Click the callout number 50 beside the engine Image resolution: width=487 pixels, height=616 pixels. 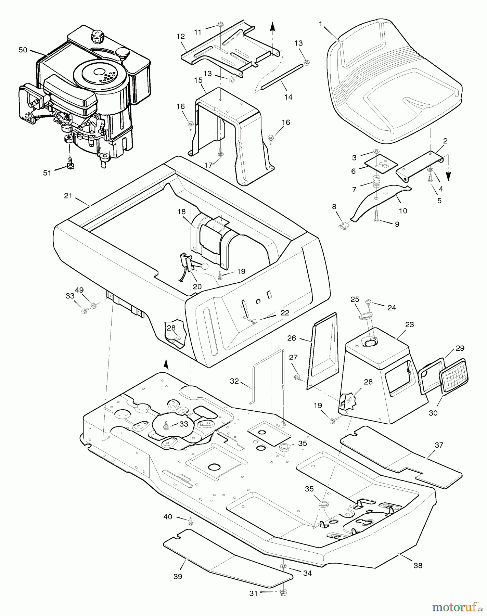point(23,50)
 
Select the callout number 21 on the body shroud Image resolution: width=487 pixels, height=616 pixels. point(68,196)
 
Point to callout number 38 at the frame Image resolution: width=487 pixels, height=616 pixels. point(418,566)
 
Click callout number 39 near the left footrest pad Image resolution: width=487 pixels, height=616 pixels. point(178,576)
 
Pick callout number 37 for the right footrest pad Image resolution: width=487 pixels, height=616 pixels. point(439,445)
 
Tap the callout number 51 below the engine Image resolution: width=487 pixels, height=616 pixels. point(47,173)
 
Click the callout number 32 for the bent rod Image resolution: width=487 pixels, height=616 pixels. point(234,381)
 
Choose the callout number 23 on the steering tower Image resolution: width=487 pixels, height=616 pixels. point(409,324)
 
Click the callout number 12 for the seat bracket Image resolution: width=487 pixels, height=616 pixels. point(180,36)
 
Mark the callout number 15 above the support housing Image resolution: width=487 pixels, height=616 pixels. point(198,80)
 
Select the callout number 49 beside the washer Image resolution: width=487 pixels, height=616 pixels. point(79,290)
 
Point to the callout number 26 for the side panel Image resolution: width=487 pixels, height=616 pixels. point(292,338)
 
